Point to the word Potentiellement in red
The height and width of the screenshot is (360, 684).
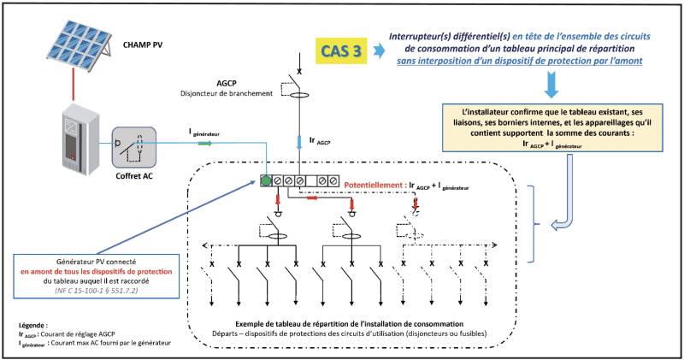tap(374, 185)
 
